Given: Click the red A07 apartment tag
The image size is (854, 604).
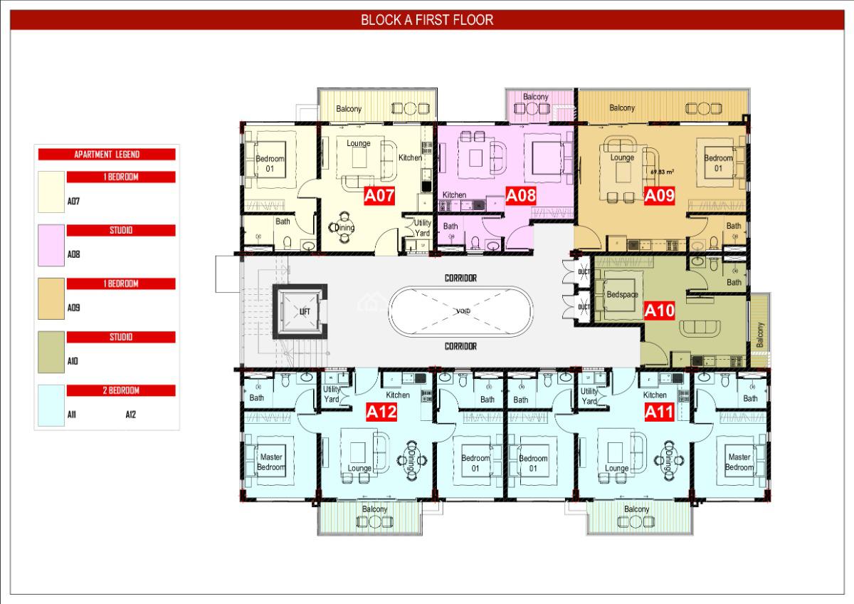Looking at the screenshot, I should [379, 196].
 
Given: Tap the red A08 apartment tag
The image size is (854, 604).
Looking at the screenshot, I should [520, 196].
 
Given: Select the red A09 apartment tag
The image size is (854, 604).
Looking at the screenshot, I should [659, 196].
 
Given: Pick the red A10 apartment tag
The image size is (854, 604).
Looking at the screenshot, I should [659, 311].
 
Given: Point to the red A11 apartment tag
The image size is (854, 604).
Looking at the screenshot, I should [659, 411].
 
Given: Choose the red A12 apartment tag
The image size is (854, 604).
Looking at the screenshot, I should [380, 411].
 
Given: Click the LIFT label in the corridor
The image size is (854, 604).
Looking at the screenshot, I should [304, 312].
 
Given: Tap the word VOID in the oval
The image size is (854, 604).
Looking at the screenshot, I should [461, 312].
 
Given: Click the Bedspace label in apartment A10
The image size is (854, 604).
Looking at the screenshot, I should [622, 294].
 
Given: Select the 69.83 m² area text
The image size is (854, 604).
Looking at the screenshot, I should [662, 172].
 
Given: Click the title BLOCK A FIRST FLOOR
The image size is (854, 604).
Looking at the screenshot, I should [427, 20].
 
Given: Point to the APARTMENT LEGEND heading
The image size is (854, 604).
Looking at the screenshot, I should [107, 154].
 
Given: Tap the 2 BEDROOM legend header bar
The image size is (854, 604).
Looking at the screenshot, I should [121, 390].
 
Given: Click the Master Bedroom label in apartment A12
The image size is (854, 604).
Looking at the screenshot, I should [270, 462].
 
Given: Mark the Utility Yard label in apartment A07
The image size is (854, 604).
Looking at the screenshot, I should [422, 228].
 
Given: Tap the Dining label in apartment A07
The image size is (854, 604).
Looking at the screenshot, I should [345, 227].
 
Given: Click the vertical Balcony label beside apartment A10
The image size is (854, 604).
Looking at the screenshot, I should [760, 335].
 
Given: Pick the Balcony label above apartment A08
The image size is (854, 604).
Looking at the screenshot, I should [535, 97].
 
